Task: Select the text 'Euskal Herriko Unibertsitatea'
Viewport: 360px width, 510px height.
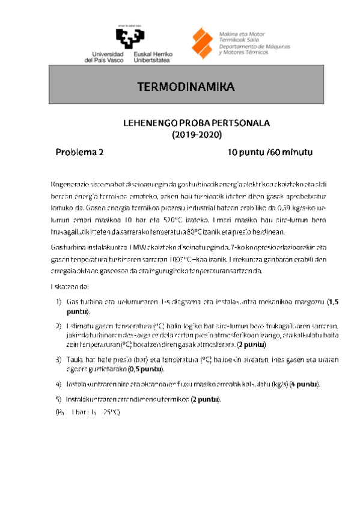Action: [151, 57]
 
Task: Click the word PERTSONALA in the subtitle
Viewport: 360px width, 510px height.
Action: [242, 123]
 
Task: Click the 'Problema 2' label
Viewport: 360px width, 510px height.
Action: [80, 152]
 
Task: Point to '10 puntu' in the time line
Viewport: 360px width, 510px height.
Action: [246, 152]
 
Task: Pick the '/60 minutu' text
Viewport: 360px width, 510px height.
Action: [290, 152]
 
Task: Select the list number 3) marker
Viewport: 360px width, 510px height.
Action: [58, 359]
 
